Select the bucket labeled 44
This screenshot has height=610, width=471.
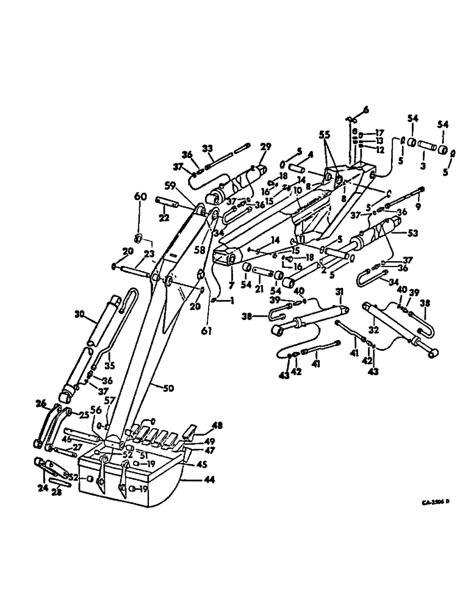146,482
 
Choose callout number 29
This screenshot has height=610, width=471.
265,148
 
